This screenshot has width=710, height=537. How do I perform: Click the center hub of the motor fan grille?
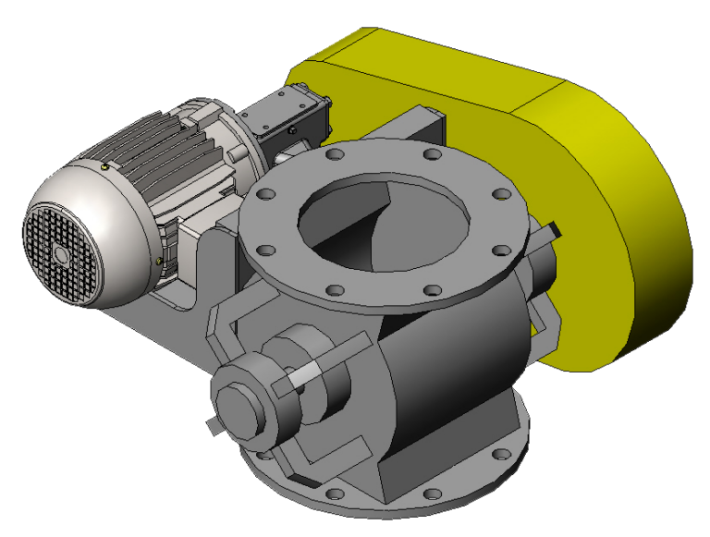(x=60, y=253)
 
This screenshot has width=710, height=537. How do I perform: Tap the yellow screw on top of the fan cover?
(x=108, y=167)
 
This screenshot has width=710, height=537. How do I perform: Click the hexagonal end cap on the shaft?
(x=243, y=407)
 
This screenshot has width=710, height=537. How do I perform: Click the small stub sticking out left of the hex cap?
(x=214, y=425)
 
